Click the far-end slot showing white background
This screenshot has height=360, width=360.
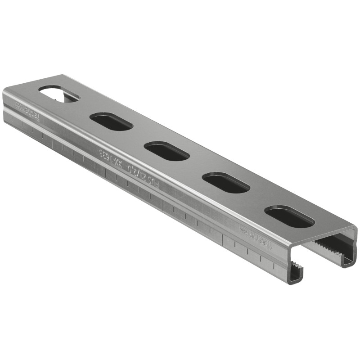(x=58, y=94)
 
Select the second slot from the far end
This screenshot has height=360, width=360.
(x=111, y=121)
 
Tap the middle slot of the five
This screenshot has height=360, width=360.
(x=167, y=151)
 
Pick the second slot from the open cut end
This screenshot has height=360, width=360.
(x=226, y=183)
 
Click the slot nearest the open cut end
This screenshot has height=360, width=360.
(x=289, y=216)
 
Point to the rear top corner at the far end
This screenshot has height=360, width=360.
(x=62, y=75)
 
